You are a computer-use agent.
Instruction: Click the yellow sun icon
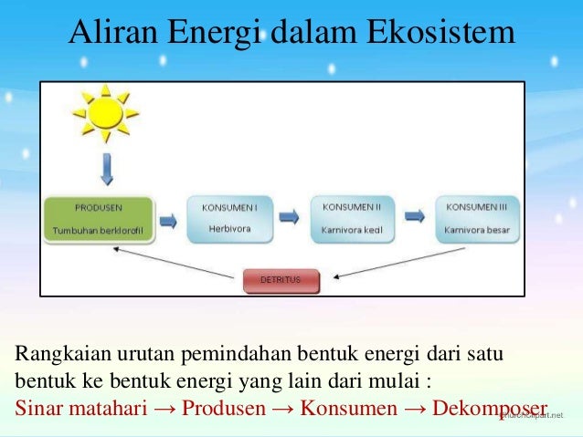[x=105, y=113]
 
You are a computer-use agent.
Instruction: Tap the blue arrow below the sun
[x=107, y=171]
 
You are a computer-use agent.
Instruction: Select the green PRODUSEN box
[x=99, y=219]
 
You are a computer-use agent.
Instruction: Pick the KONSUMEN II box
[x=351, y=218]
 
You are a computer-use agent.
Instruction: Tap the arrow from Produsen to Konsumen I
[x=169, y=219]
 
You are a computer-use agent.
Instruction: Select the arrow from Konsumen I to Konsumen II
[x=289, y=218]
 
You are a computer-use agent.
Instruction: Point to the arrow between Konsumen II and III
[x=414, y=217]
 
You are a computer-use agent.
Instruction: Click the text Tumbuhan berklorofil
[x=99, y=232]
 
